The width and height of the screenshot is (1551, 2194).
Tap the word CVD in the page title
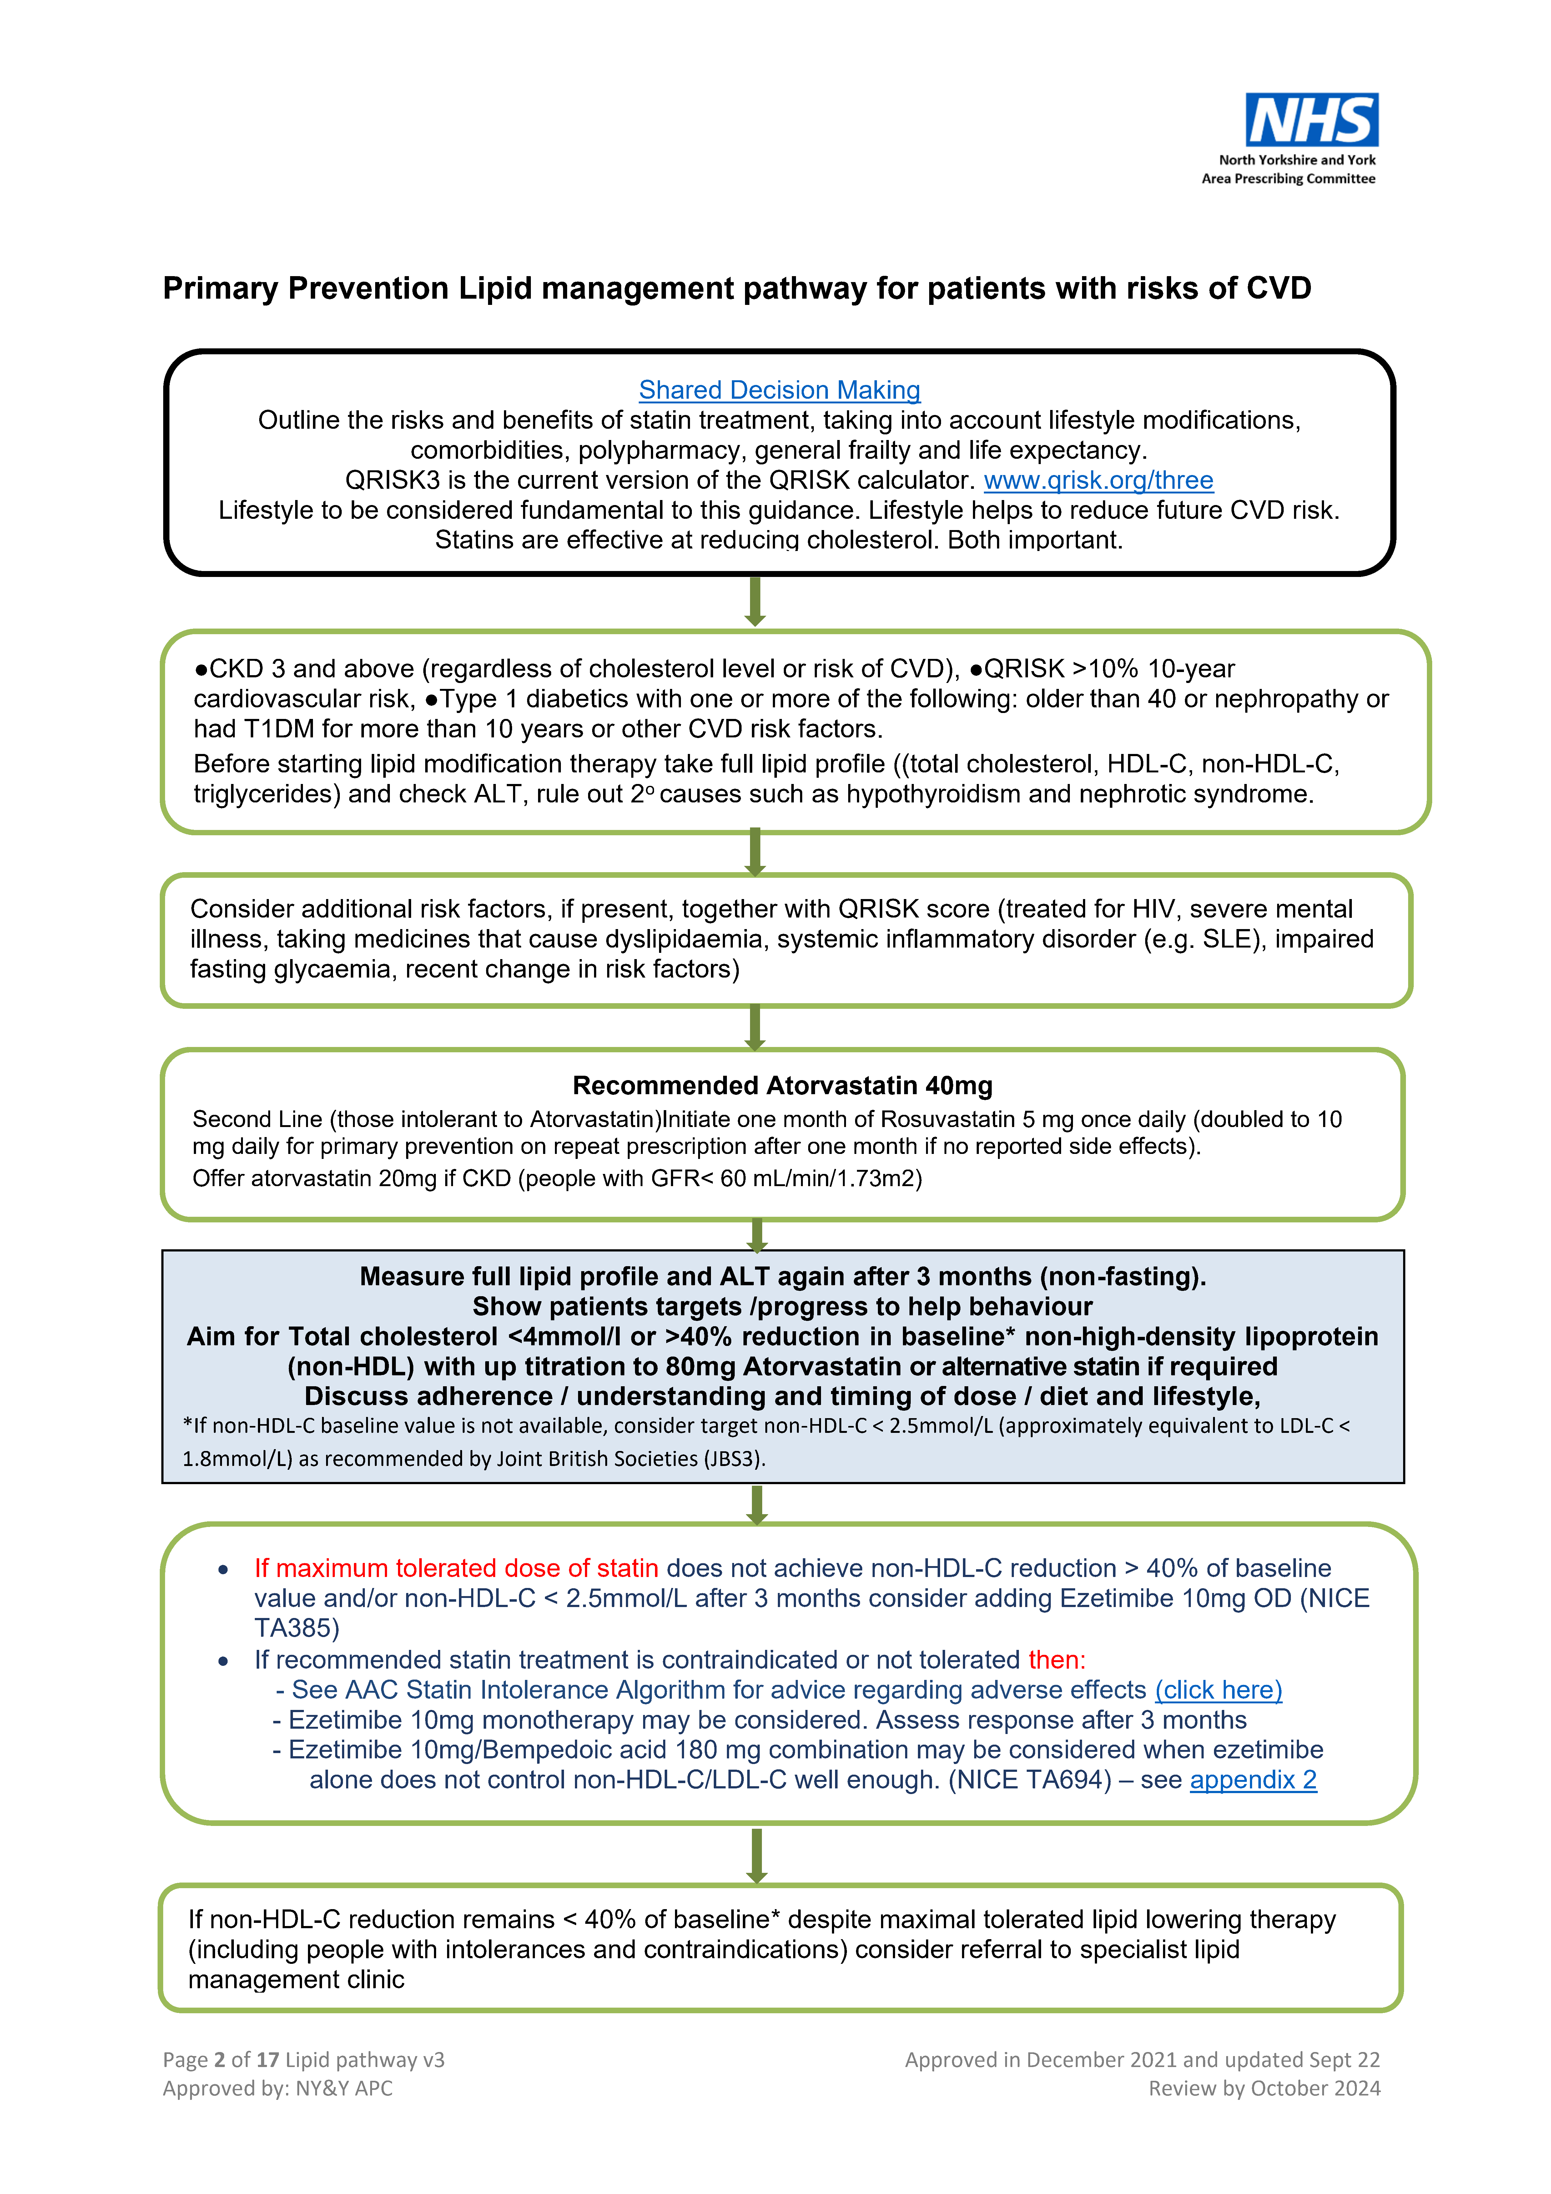pos(1277,289)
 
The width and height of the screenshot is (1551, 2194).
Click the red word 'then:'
pos(1057,1660)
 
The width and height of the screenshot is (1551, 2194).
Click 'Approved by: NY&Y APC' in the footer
pos(277,2088)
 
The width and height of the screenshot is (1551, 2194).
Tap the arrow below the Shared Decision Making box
pos(755,601)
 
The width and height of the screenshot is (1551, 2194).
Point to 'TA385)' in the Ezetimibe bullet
pos(296,1628)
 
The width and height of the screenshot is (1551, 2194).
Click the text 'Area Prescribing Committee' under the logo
pos(1288,179)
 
